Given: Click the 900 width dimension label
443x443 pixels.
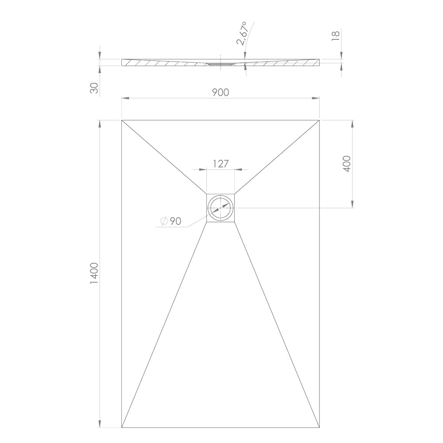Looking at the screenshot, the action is coord(220,93).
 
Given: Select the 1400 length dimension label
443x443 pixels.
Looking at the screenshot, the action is coord(94,273).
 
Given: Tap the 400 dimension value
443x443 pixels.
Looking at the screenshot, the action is coord(347,163).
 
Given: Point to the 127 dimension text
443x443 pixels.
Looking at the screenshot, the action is coord(221,163).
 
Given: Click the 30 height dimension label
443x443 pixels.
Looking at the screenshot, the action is coord(94,88).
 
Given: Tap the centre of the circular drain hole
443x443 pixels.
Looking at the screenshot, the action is coord(221,208).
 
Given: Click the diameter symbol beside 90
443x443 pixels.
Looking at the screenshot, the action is coord(164,221).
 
